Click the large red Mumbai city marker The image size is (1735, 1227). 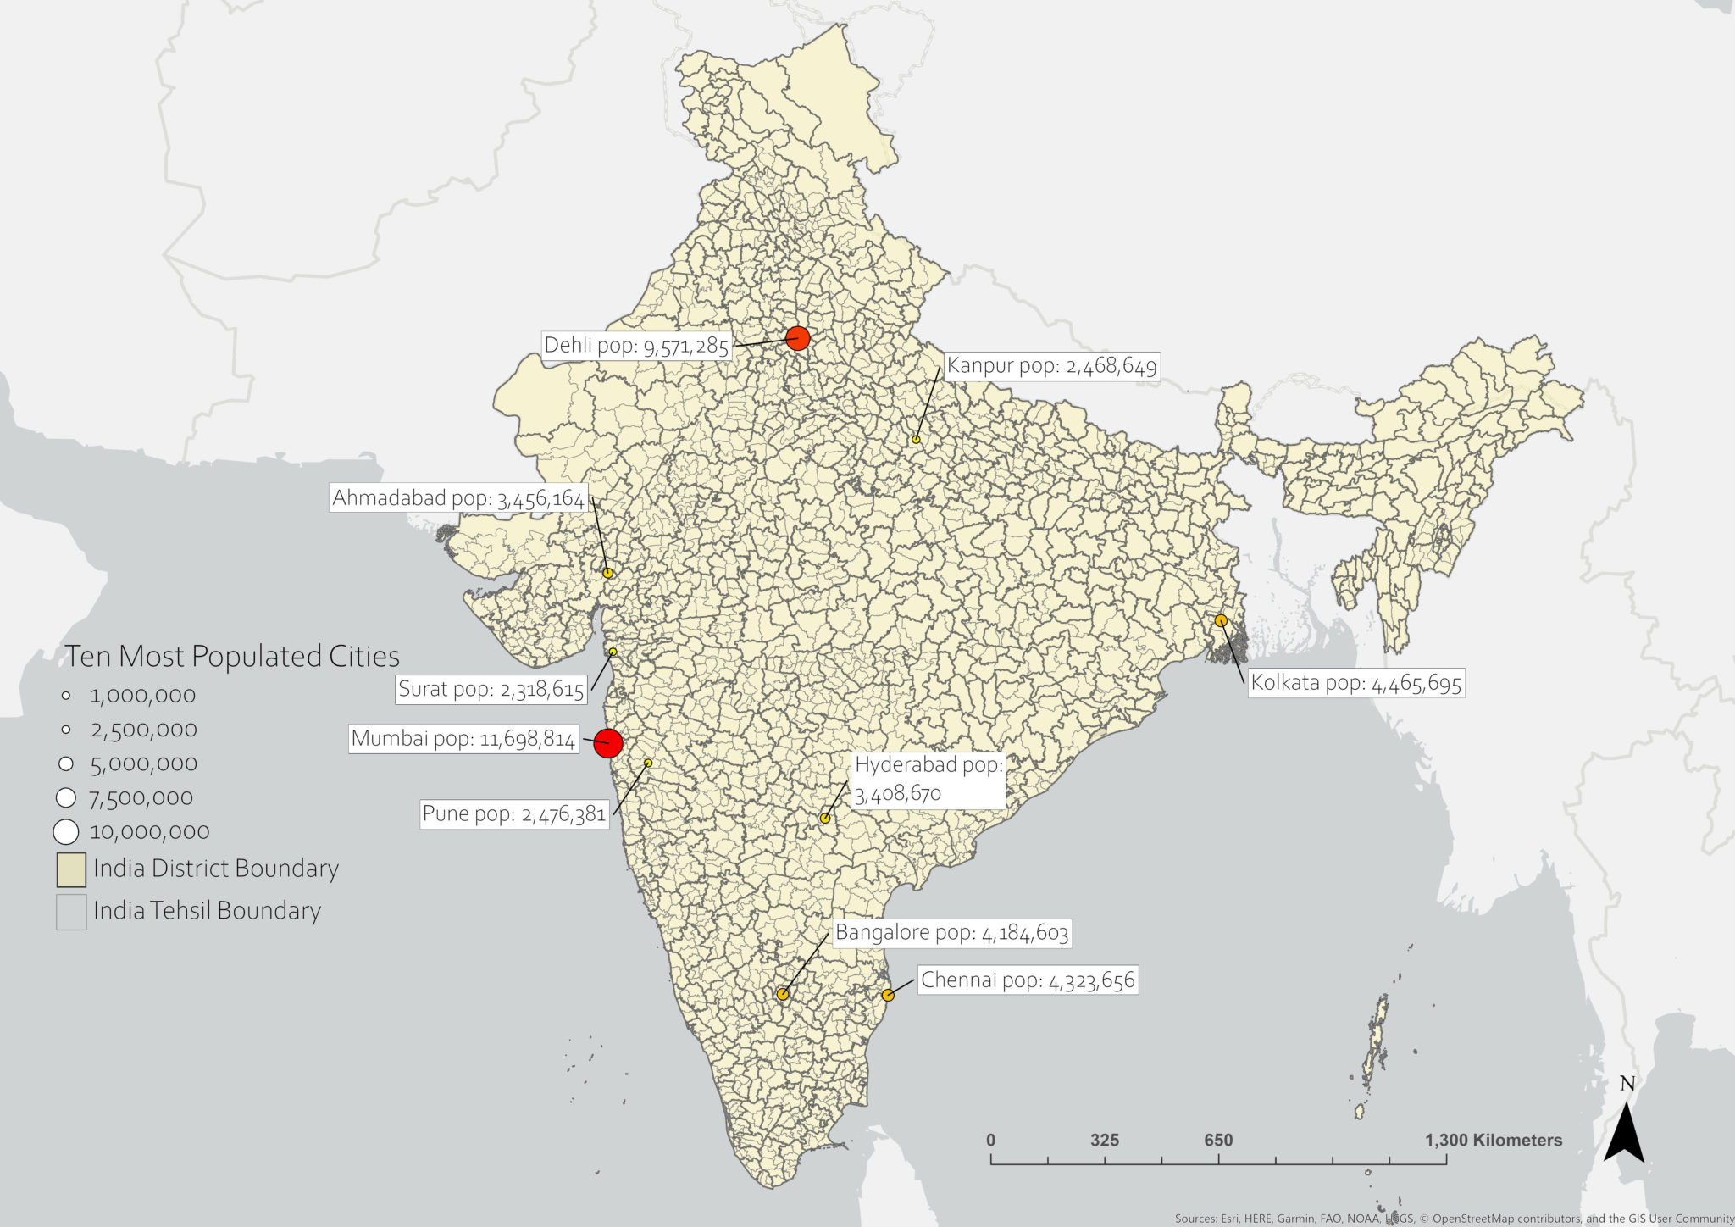tap(607, 743)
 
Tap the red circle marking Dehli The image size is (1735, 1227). tap(797, 338)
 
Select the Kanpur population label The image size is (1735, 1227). tap(1050, 366)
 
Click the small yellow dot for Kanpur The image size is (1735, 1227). tap(916, 439)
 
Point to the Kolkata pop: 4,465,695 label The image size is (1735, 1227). tap(1355, 683)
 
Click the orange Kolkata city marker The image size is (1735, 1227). tap(1221, 620)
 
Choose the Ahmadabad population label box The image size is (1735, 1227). tap(457, 498)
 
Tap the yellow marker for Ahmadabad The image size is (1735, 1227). tap(607, 573)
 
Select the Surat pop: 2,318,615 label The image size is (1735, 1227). tap(491, 689)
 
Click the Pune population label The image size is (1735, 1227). tap(513, 814)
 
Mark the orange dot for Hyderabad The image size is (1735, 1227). tap(825, 818)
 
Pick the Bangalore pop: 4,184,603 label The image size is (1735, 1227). tap(951, 933)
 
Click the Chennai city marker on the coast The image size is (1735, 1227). tap(887, 995)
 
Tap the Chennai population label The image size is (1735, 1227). tap(1027, 980)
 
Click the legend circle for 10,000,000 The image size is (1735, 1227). tap(66, 832)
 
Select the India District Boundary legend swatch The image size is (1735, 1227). tap(71, 869)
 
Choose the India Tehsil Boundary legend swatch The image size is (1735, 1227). tap(71, 912)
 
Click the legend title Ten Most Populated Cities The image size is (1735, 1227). tap(232, 657)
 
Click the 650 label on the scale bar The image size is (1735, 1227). tap(1218, 1141)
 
